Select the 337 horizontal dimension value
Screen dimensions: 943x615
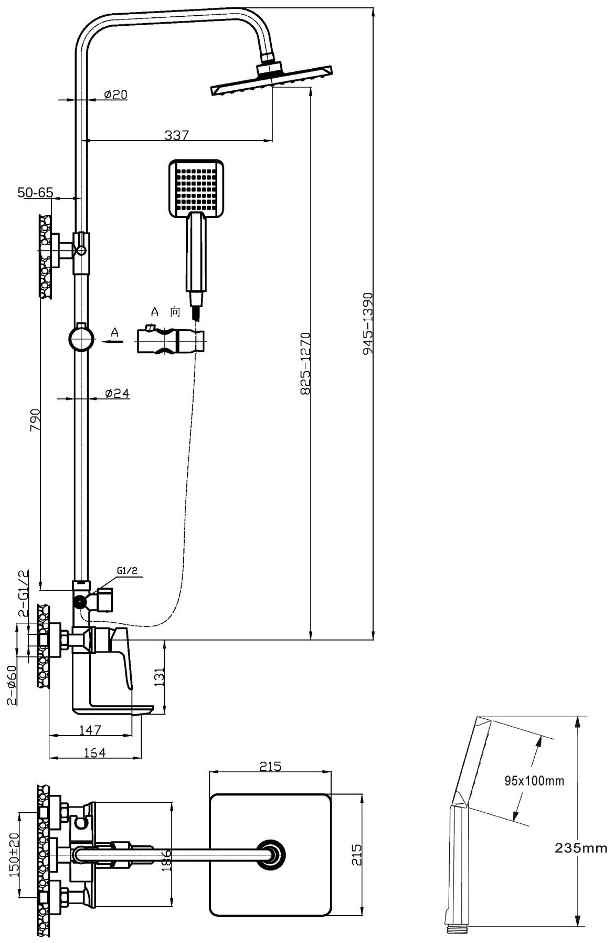(176, 135)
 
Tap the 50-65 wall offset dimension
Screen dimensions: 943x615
(36, 193)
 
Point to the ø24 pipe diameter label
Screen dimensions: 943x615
(117, 393)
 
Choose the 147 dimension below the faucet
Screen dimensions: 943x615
(90, 729)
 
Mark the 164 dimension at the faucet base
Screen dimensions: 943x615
(95, 752)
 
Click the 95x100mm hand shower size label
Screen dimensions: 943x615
(534, 781)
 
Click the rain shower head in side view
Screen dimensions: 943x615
(272, 80)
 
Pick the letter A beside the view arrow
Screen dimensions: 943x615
(115, 333)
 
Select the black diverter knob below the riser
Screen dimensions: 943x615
(79, 602)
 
